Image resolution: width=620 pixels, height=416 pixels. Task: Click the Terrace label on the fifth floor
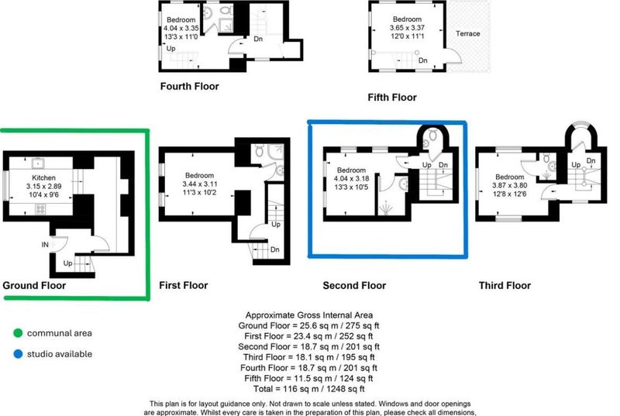pyautogui.click(x=468, y=33)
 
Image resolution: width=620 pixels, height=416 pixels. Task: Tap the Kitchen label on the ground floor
pyautogui.click(x=43, y=177)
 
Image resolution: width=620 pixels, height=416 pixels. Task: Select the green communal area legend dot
pyautogui.click(x=18, y=333)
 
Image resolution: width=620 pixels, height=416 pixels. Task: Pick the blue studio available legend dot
pyautogui.click(x=18, y=354)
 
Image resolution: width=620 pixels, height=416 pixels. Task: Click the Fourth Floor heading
pyautogui.click(x=189, y=86)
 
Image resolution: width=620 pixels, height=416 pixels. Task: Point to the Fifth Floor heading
pyautogui.click(x=392, y=97)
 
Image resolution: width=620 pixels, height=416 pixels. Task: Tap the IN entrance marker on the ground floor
pyautogui.click(x=45, y=245)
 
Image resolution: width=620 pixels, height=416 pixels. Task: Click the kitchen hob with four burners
pyautogui.click(x=40, y=209)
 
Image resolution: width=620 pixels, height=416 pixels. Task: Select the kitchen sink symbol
pyautogui.click(x=38, y=163)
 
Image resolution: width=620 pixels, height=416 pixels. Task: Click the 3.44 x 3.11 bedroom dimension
pyautogui.click(x=199, y=184)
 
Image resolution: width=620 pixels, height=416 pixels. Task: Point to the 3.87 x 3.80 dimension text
pyautogui.click(x=509, y=185)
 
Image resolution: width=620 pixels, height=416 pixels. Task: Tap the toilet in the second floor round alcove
pyautogui.click(x=433, y=135)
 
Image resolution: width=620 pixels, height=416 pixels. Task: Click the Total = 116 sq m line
pyautogui.click(x=308, y=389)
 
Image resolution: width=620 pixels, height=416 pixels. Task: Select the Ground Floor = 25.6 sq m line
pyautogui.click(x=308, y=326)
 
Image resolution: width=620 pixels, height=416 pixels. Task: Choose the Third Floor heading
pyautogui.click(x=505, y=285)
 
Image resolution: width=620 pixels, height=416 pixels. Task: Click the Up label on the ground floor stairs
pyautogui.click(x=67, y=263)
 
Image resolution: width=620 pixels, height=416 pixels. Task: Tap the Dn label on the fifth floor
pyautogui.click(x=422, y=60)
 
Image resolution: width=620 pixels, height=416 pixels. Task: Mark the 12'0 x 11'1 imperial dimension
pyautogui.click(x=407, y=36)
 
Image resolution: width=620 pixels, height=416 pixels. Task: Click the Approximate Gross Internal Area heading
pyautogui.click(x=308, y=315)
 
